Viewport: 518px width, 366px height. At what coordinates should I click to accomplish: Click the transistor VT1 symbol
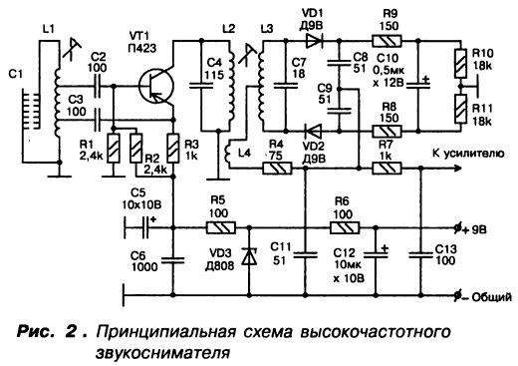(x=156, y=86)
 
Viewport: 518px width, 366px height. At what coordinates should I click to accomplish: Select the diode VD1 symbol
(x=315, y=41)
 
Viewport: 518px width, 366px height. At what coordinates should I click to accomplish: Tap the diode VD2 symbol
(x=314, y=131)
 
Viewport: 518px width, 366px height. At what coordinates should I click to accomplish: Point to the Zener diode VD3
(x=250, y=256)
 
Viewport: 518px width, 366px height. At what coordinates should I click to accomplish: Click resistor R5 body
(x=221, y=227)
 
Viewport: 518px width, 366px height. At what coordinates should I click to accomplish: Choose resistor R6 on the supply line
(x=345, y=227)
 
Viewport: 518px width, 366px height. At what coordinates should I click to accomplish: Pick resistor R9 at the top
(x=387, y=41)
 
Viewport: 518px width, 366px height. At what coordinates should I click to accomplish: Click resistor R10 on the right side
(x=460, y=63)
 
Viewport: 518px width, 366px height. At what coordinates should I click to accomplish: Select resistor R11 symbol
(x=460, y=109)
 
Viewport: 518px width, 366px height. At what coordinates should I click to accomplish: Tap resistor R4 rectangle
(x=278, y=169)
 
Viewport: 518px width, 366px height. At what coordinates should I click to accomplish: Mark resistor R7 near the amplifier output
(x=387, y=169)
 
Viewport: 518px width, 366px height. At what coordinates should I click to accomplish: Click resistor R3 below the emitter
(x=172, y=148)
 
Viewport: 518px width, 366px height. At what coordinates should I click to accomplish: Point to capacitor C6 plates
(x=172, y=259)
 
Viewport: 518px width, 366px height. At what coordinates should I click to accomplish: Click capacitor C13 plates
(x=421, y=255)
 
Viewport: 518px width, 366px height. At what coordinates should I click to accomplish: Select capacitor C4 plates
(x=201, y=86)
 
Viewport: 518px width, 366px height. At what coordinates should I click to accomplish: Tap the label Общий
(x=491, y=297)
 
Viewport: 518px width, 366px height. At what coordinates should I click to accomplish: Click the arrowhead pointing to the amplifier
(x=457, y=169)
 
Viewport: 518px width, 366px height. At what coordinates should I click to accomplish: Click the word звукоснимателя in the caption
(x=163, y=352)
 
